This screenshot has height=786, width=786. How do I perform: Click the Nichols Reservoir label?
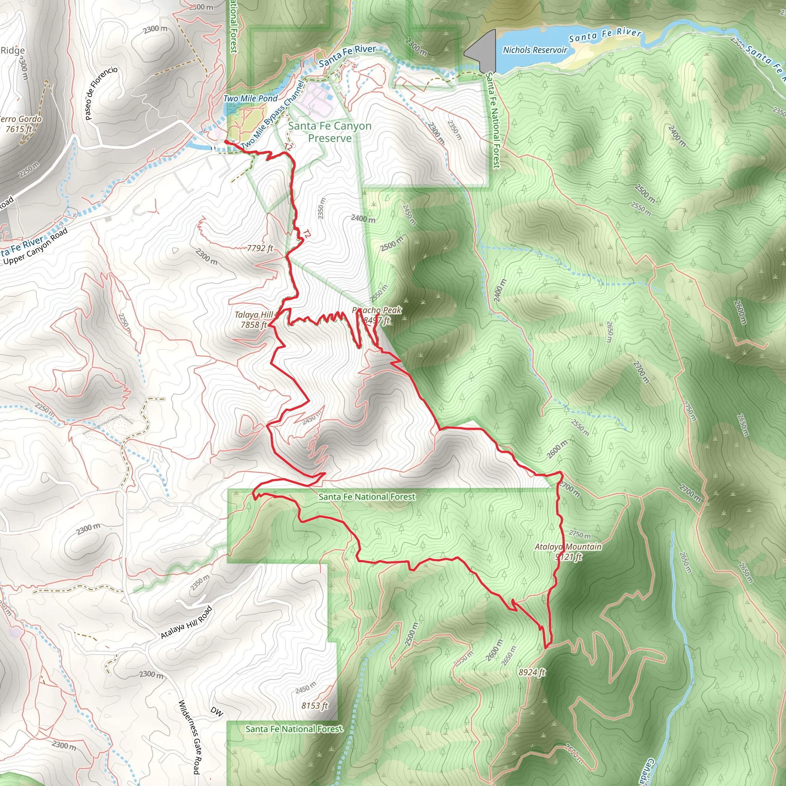point(535,50)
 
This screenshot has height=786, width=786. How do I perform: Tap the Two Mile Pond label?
point(250,99)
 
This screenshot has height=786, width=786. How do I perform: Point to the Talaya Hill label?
point(253,320)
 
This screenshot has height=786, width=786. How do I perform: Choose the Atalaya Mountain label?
point(568,551)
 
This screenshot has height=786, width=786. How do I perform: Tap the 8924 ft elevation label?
point(531,672)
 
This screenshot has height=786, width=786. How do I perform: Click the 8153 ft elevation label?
point(314,705)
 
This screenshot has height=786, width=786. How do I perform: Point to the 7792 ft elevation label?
point(260,248)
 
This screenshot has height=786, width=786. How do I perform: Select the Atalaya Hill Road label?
point(186,623)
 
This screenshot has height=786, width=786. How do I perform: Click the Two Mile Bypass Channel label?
point(272,116)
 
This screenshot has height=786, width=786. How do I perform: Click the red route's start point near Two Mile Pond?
point(226,142)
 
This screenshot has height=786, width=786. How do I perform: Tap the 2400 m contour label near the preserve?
point(363,218)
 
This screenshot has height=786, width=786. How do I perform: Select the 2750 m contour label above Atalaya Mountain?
point(579,534)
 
